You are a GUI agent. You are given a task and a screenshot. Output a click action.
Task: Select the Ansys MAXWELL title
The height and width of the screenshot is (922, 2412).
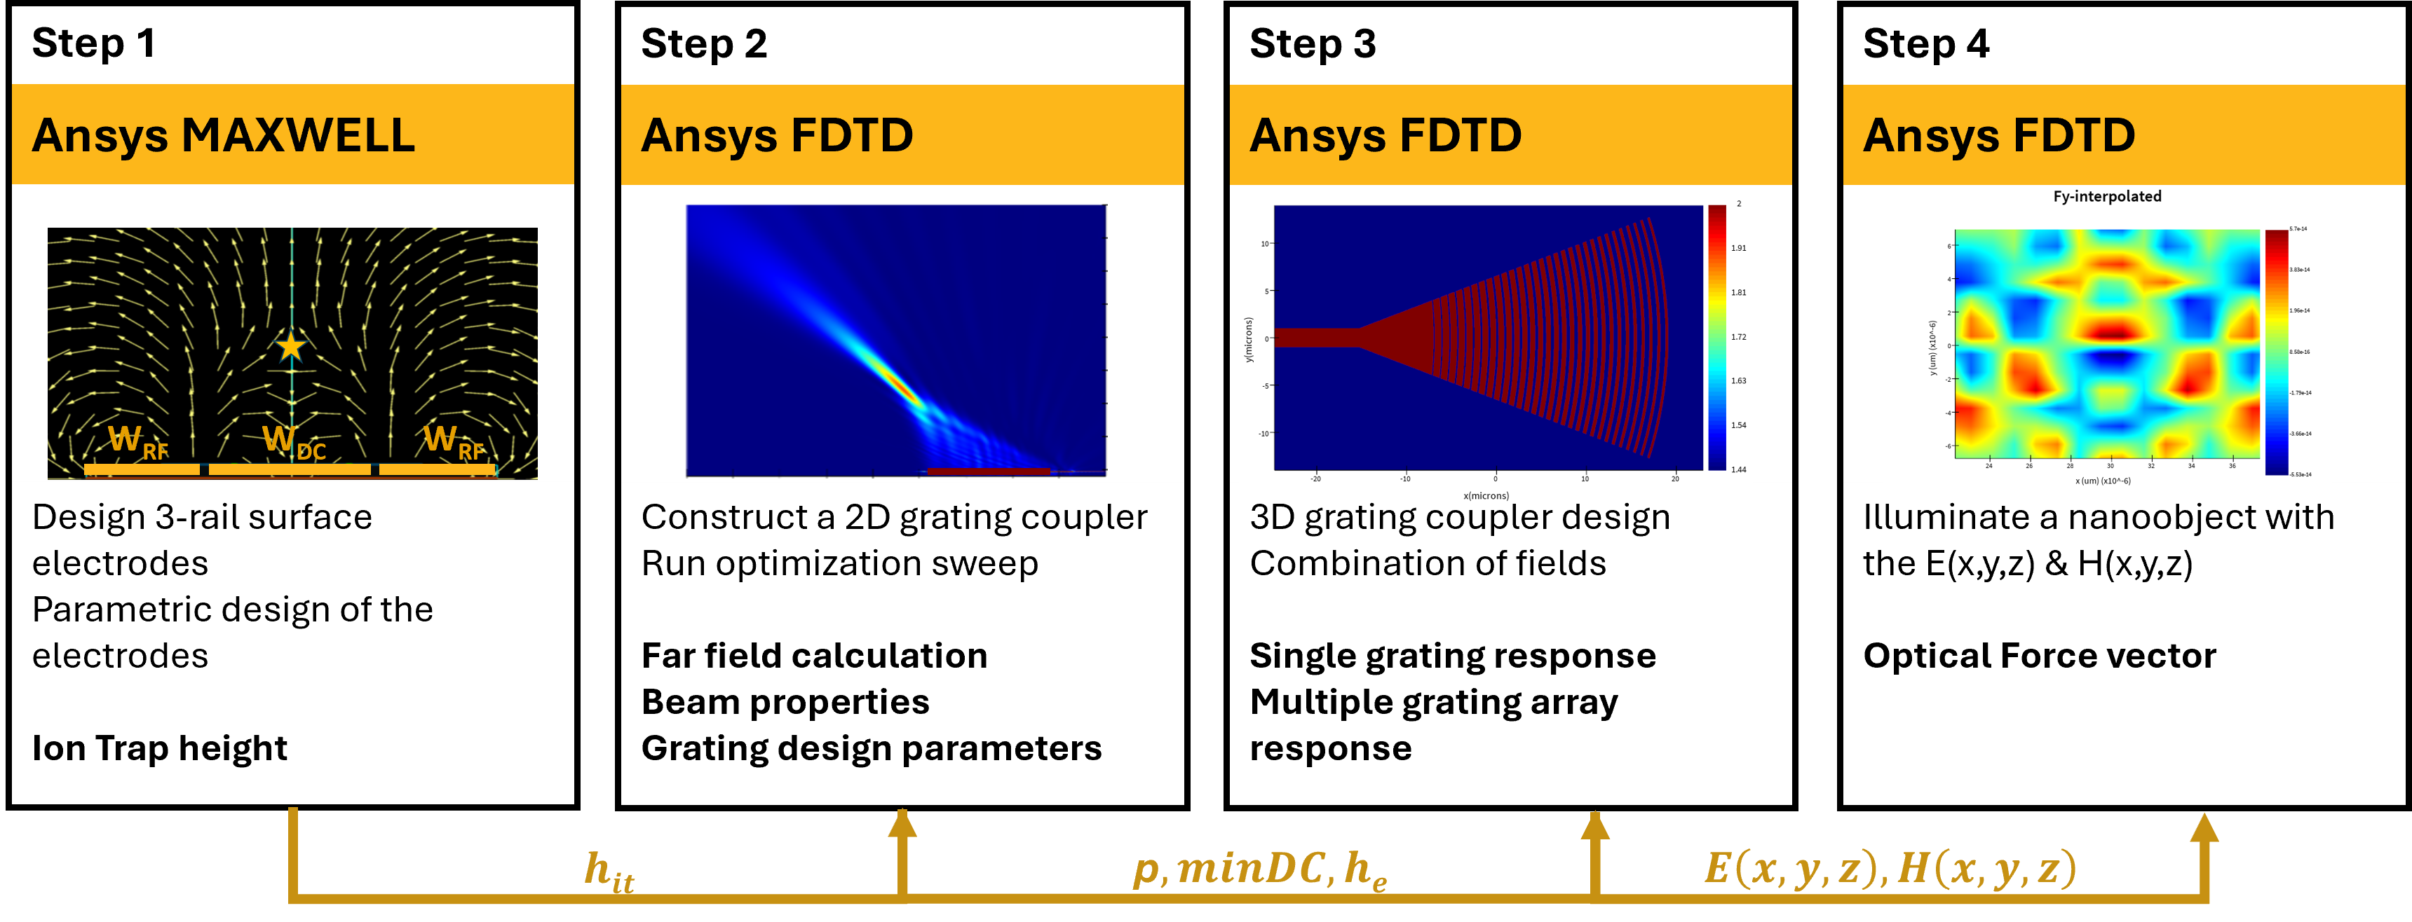click(223, 136)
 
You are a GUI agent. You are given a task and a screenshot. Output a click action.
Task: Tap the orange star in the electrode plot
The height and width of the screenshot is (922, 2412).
click(291, 346)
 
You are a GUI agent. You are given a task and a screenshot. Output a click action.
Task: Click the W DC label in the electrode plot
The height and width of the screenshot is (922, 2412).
click(293, 442)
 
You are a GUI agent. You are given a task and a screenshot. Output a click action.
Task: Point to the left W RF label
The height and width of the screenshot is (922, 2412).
click(137, 442)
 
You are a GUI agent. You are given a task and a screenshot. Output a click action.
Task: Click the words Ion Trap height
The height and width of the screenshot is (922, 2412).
click(159, 748)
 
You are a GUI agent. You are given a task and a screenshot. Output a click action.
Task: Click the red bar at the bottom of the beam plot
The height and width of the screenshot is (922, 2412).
click(988, 471)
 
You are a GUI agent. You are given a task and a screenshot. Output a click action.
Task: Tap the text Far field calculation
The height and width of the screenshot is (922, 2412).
click(813, 655)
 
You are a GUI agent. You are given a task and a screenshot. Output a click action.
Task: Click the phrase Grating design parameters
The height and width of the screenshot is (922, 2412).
click(871, 748)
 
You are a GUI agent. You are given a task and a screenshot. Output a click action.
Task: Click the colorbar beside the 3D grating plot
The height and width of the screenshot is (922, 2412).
click(1716, 337)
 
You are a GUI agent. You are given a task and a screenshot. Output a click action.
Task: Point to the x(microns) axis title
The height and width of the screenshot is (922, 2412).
click(1486, 495)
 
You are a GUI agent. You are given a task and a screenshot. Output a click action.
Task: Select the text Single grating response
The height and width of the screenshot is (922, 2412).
click(1452, 655)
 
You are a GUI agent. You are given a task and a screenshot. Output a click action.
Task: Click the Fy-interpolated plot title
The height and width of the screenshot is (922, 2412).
click(2107, 197)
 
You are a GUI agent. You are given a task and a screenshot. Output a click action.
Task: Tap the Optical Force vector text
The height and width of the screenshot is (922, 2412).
click(2040, 655)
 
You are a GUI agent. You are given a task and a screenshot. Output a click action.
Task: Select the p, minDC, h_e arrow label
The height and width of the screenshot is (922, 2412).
click(1259, 869)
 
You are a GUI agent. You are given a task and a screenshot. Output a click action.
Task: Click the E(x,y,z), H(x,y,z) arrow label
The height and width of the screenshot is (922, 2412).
click(1890, 869)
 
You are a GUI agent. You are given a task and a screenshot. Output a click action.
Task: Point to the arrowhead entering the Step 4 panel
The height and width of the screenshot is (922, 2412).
click(2204, 827)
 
